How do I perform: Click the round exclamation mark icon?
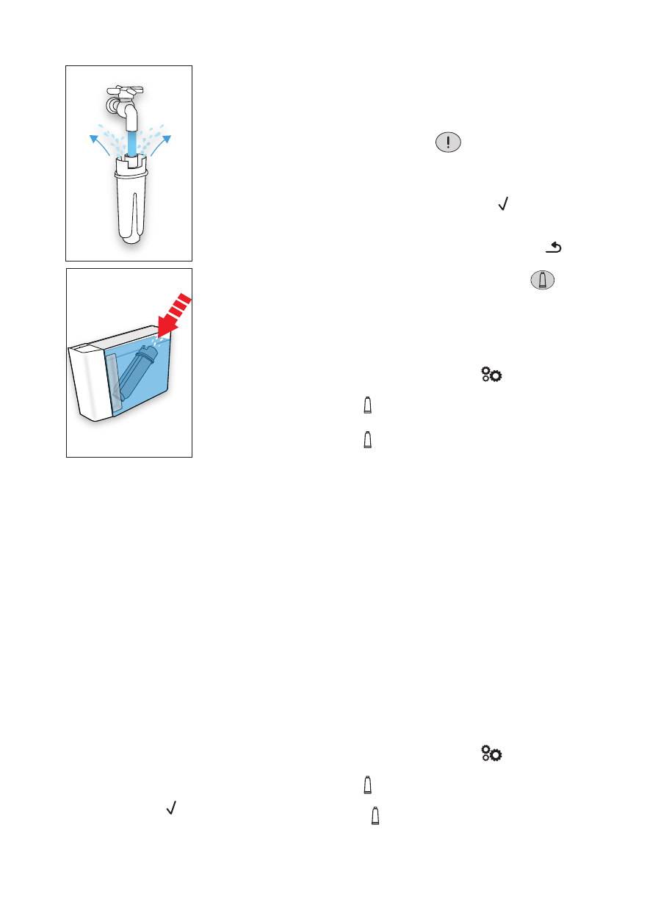[448, 143]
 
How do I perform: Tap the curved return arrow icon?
[554, 250]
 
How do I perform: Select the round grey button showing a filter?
[541, 281]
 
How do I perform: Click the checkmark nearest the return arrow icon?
[504, 208]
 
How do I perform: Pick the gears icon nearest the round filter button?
[492, 375]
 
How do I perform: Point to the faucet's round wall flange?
[113, 106]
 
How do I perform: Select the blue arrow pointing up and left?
[96, 140]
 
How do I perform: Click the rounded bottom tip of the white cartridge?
[131, 238]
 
